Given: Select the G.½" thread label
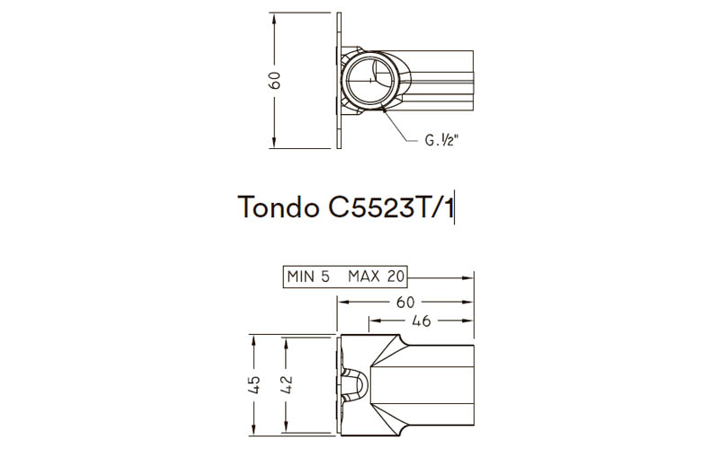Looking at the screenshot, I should [x=443, y=141].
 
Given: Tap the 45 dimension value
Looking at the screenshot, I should [x=254, y=384].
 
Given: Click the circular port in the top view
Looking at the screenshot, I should [x=369, y=80].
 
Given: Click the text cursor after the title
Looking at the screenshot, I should [x=457, y=208].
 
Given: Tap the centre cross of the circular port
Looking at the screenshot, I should [x=369, y=80].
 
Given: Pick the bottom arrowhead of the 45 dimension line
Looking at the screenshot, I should [x=254, y=428].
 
